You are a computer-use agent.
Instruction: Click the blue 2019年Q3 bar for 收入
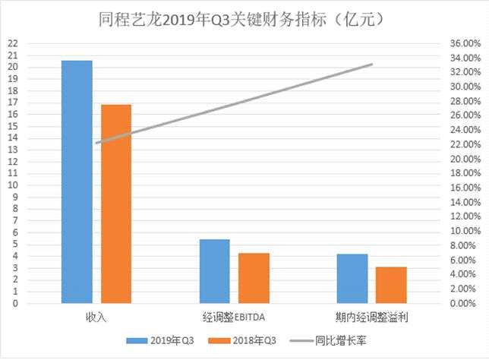coord(77,182)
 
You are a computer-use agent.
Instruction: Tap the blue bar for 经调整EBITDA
coord(214,271)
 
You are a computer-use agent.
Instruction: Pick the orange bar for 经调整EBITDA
coord(254,278)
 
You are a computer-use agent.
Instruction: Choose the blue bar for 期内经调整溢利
coord(352,278)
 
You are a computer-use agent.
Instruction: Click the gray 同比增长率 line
coord(234,103)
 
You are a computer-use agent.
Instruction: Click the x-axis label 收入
coord(96,316)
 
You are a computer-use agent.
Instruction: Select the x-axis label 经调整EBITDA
coord(233,316)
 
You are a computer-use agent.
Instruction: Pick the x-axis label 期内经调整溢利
coord(371,316)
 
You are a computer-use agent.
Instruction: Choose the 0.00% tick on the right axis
coord(462,303)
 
